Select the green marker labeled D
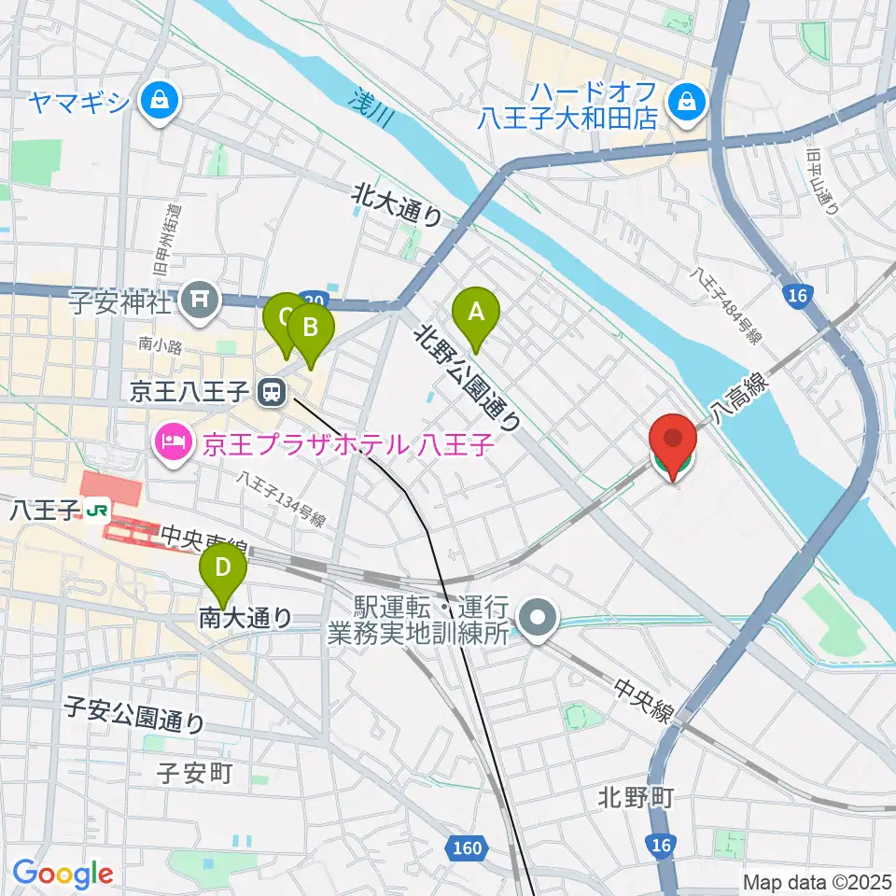(223, 568)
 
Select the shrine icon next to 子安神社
(198, 300)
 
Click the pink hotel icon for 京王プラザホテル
(172, 436)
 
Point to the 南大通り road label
(245, 617)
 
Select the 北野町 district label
(635, 799)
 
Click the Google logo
(63, 874)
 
